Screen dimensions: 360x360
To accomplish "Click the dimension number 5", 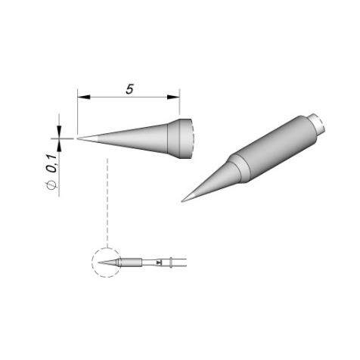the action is [x=129, y=89].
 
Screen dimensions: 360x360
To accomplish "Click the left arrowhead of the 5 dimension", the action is [x=84, y=97].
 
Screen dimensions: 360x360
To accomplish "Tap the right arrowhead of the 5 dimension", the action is [x=173, y=97].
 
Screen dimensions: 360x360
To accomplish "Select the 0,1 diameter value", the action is [x=53, y=164].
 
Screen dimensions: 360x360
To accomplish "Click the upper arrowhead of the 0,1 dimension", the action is [x=59, y=131].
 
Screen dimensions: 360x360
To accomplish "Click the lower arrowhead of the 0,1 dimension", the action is [x=59, y=146].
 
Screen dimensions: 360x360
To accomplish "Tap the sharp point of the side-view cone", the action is [x=78, y=138].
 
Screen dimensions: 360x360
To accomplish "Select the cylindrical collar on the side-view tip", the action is [x=179, y=138].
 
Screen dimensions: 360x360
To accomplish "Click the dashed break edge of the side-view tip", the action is [x=193, y=138].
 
